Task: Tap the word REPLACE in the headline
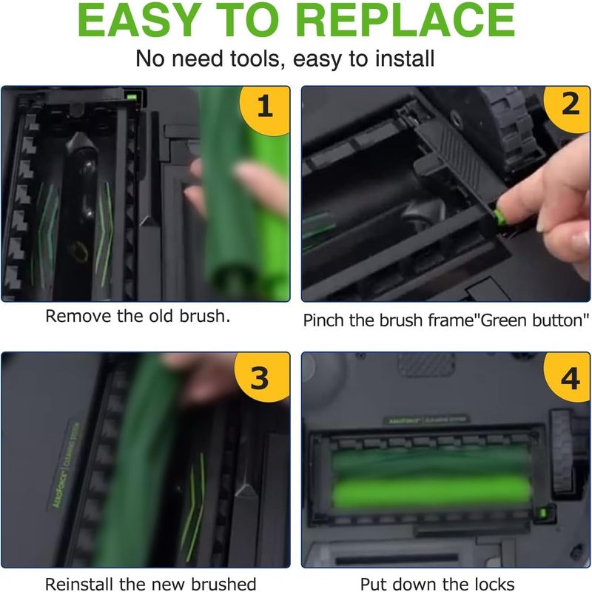pos(406,21)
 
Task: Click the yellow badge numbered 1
pos(266,110)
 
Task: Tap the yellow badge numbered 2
pos(568,107)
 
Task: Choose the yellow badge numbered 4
pos(568,377)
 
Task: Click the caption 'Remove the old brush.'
pos(138,317)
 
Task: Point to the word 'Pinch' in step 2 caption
pos(324,320)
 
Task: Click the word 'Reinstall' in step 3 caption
pos(80,584)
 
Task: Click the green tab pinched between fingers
pos(499,218)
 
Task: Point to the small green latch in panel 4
pos(543,513)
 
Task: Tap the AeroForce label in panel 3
pos(65,465)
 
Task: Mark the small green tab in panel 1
pos(132,98)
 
